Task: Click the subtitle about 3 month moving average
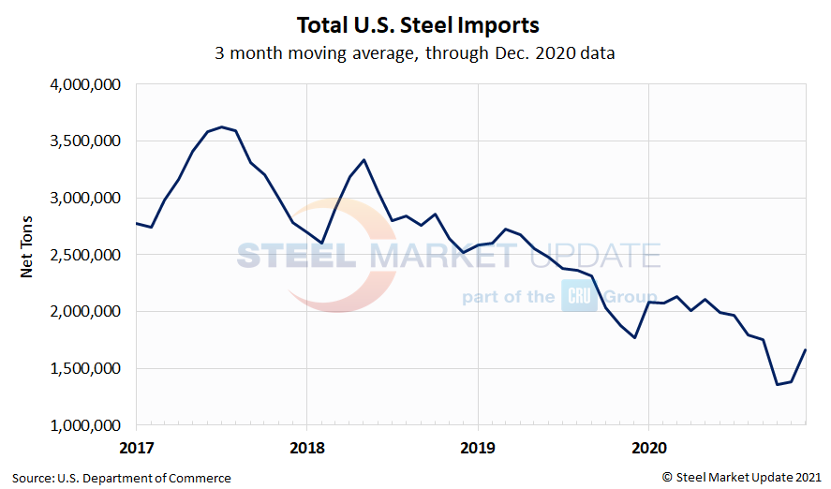(415, 53)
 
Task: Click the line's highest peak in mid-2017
(221, 126)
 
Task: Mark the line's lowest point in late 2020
(778, 384)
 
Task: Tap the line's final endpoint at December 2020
(806, 350)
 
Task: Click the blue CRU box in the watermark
(579, 297)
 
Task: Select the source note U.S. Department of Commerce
(122, 478)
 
